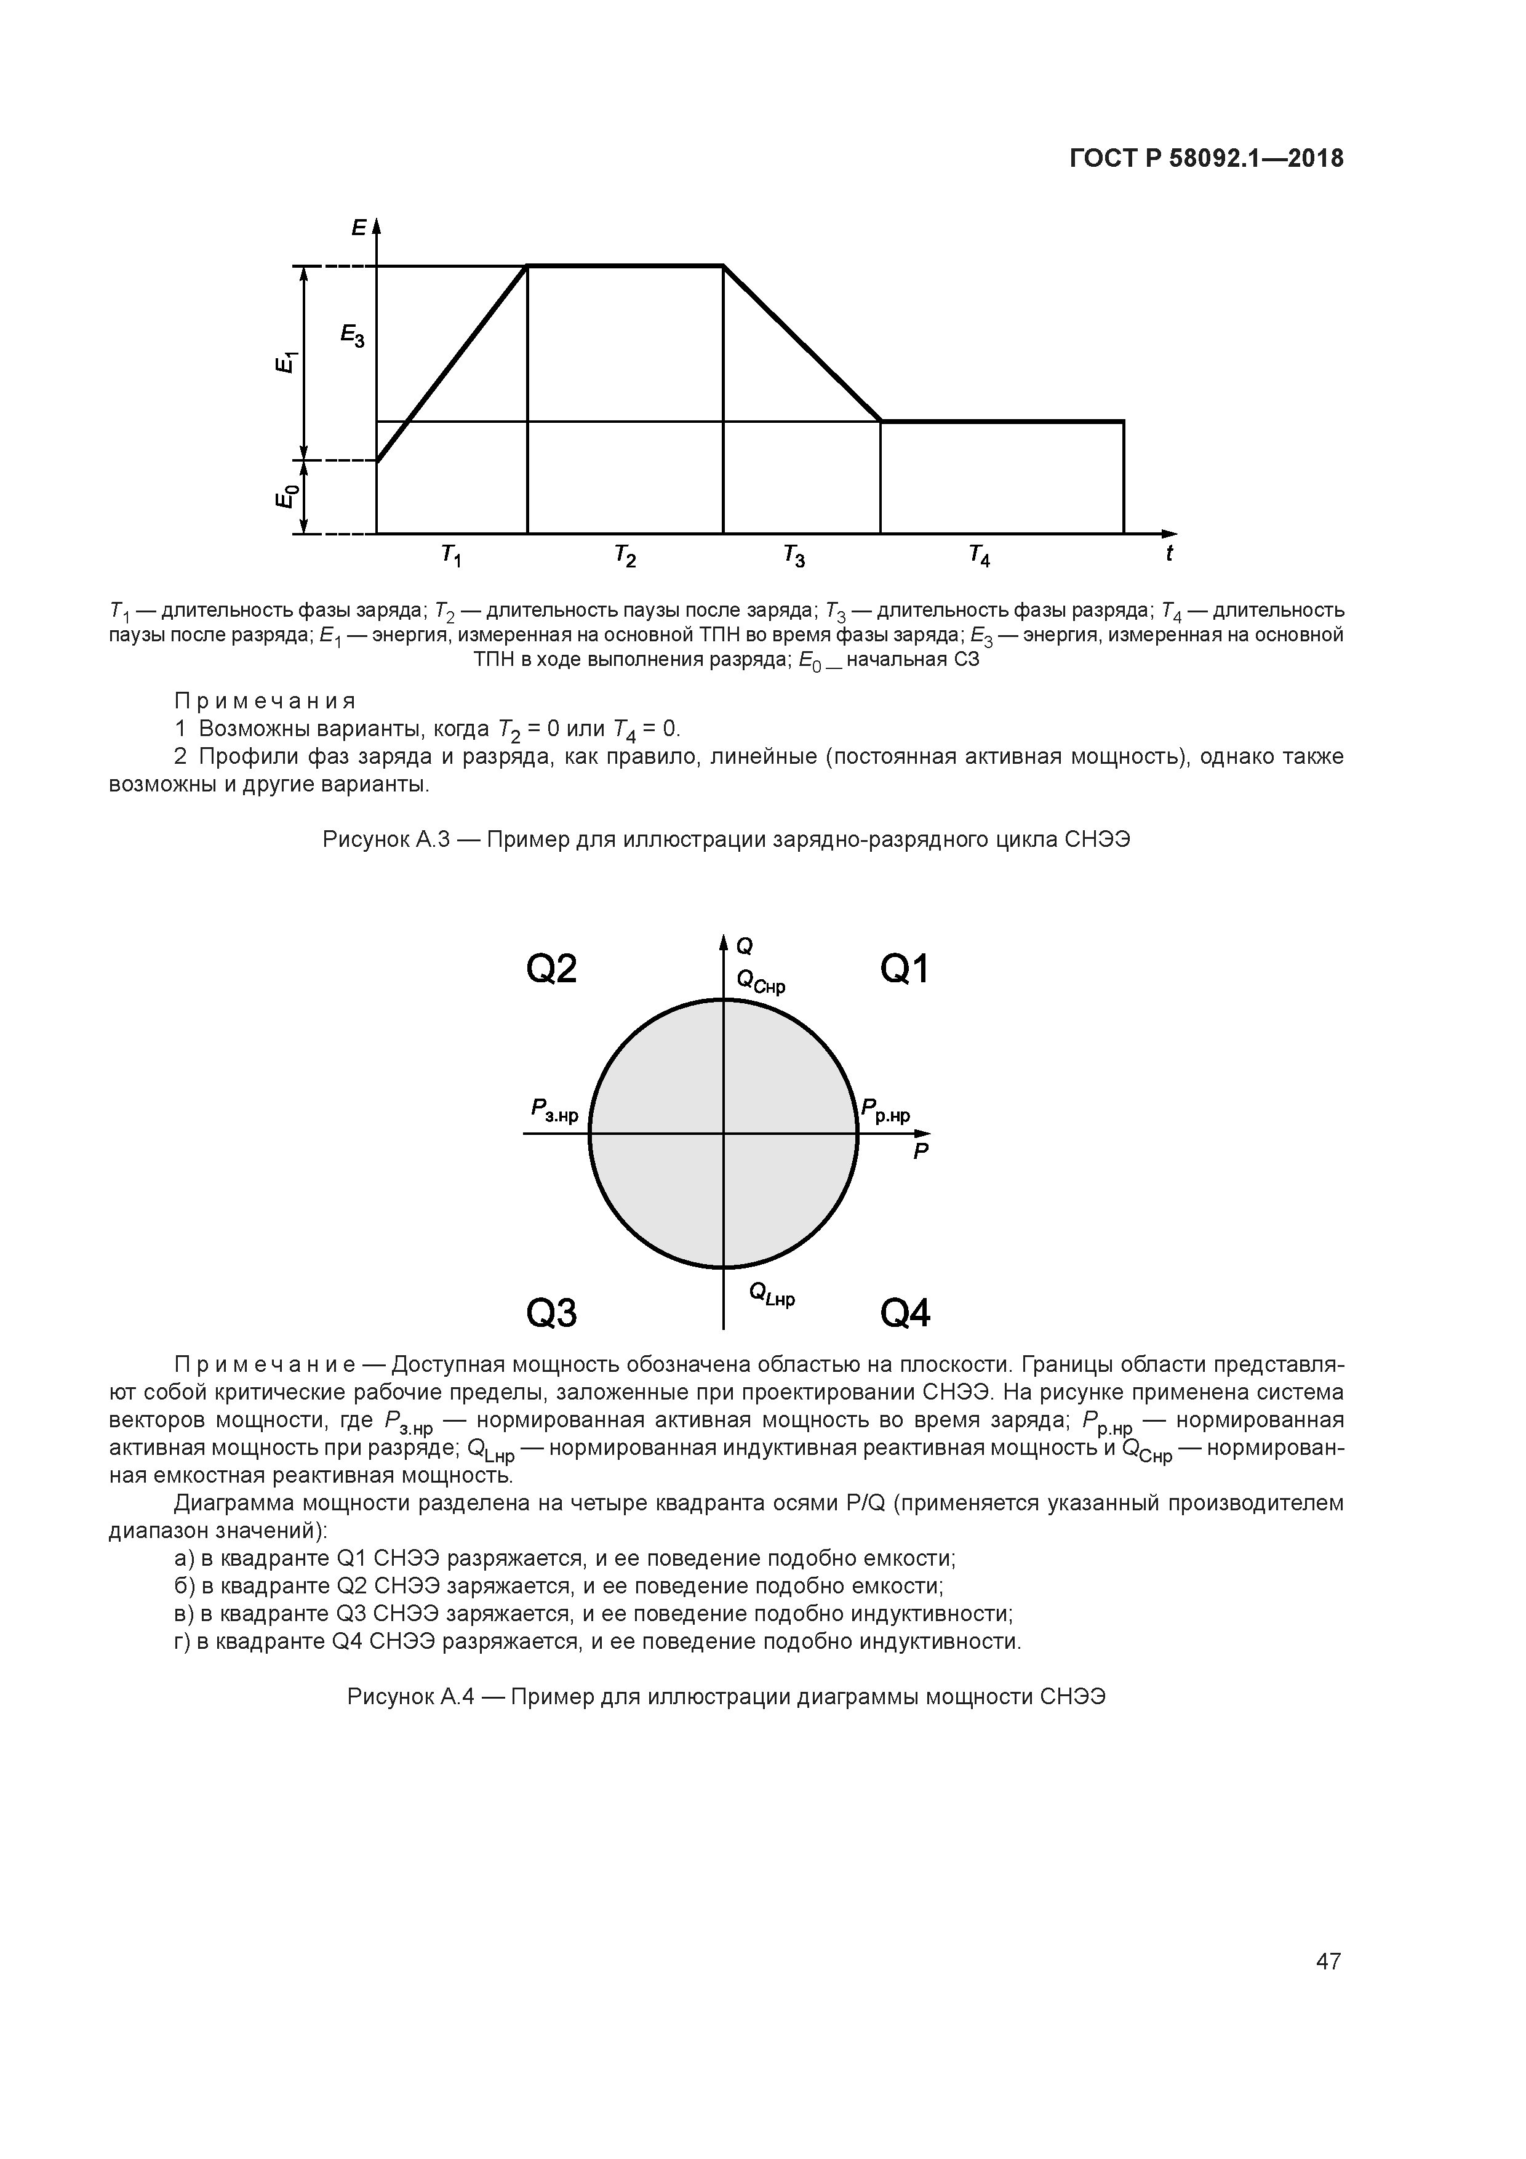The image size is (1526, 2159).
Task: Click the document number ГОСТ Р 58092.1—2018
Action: [1206, 159]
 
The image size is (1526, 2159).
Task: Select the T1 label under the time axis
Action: [451, 557]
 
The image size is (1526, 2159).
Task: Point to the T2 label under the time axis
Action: [625, 557]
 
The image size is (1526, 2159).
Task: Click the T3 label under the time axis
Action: [794, 557]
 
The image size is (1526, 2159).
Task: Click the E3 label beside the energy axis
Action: [353, 335]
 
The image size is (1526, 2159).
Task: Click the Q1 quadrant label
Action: [905, 969]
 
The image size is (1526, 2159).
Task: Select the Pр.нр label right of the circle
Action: [885, 1112]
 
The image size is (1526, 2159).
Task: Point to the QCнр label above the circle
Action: [761, 983]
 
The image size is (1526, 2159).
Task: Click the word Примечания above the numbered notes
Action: [265, 702]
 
